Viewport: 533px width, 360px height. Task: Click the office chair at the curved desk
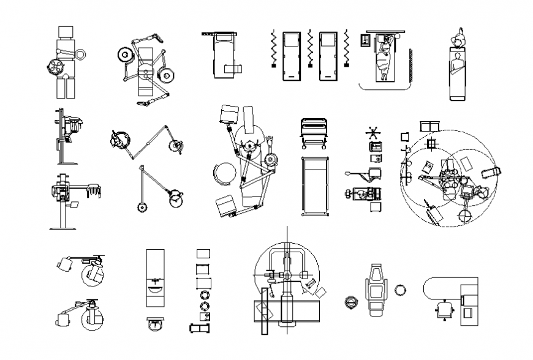[444, 309]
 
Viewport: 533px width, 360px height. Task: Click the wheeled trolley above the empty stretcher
[315, 132]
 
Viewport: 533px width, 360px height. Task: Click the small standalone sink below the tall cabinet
[156, 324]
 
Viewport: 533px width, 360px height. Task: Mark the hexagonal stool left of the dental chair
[351, 302]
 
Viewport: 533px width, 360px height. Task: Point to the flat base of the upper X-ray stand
[67, 163]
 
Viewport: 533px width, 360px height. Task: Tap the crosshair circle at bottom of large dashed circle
[465, 216]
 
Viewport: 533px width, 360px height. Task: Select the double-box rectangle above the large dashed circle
[429, 126]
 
